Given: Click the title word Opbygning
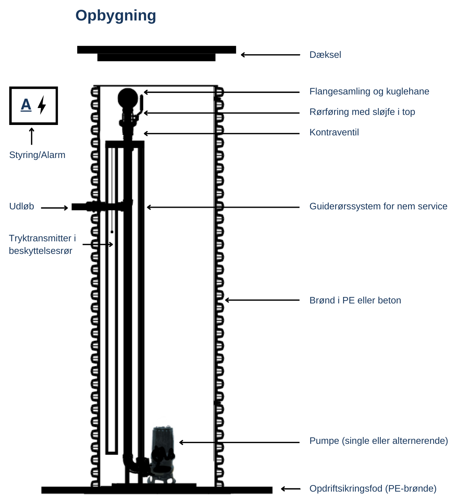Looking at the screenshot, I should (116, 15).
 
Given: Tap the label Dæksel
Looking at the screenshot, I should (325, 55).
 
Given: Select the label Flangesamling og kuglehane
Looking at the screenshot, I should (369, 91).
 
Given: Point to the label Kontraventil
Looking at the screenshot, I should (334, 132).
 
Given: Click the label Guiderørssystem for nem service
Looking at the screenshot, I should (378, 206).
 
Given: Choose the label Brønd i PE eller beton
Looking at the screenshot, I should (355, 300).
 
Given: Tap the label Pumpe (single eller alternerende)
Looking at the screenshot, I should (378, 441).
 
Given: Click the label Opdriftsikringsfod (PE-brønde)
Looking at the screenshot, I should (373, 488).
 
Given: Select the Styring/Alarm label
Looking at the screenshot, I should (37, 155).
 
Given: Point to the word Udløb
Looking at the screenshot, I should (22, 206).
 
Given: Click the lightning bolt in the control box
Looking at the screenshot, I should (42, 105).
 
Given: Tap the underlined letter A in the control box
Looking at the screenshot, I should (26, 105).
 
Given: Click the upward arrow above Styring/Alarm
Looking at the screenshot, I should (32, 136).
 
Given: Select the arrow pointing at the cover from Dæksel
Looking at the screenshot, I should (270, 55).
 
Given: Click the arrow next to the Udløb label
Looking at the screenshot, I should (54, 208).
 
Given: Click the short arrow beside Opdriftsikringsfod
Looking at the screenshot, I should (291, 489).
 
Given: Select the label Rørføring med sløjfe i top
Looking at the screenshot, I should (362, 112).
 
